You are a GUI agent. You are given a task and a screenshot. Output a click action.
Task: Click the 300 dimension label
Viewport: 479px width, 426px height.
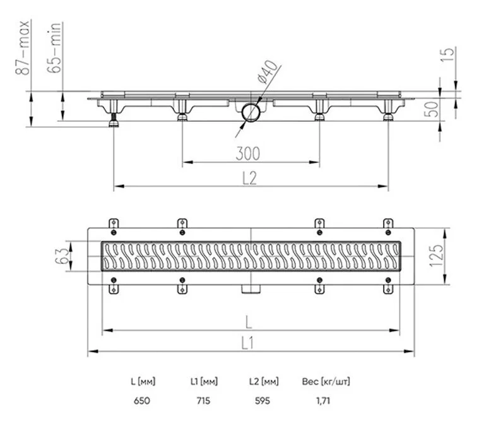tap(248, 154)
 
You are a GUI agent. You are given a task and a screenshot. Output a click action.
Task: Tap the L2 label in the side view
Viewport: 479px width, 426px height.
tap(249, 178)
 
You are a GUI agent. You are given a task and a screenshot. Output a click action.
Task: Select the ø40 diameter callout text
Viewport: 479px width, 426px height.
tap(268, 72)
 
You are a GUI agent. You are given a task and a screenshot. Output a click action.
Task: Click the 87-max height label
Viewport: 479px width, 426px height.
tap(23, 47)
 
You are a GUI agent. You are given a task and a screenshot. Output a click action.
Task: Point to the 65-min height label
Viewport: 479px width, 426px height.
tap(54, 47)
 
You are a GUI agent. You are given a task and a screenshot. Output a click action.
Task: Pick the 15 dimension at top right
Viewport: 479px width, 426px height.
tap(447, 54)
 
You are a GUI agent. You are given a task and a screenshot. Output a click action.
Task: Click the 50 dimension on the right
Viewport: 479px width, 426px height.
tap(431, 109)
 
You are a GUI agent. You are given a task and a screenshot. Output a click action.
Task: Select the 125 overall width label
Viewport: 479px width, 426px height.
tap(436, 256)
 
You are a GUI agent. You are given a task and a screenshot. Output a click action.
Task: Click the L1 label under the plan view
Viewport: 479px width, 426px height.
tap(248, 343)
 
